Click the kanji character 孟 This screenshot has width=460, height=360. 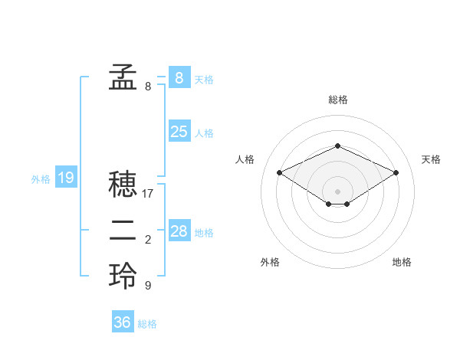[123, 77]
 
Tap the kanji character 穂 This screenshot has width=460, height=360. [123, 185]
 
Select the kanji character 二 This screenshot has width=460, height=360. [123, 231]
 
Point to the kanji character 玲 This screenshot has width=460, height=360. [123, 276]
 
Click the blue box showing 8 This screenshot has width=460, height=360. [179, 77]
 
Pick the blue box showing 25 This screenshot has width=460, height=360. [179, 132]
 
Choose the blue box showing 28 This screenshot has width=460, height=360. [179, 231]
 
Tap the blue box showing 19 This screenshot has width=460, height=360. [66, 178]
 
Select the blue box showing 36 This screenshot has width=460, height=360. [123, 322]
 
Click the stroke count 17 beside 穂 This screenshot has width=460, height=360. [148, 194]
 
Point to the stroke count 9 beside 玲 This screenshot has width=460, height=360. [148, 286]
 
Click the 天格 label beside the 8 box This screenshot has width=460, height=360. [204, 79]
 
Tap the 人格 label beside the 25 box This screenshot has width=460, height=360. [204, 133]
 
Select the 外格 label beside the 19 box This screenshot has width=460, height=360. [41, 179]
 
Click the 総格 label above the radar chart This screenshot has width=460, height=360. [337, 100]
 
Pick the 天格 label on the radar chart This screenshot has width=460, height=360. [431, 159]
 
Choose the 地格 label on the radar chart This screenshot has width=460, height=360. [402, 262]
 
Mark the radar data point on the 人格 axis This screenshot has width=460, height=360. [279, 172]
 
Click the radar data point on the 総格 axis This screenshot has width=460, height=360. [337, 146]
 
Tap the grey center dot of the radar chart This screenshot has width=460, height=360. [337, 191]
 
